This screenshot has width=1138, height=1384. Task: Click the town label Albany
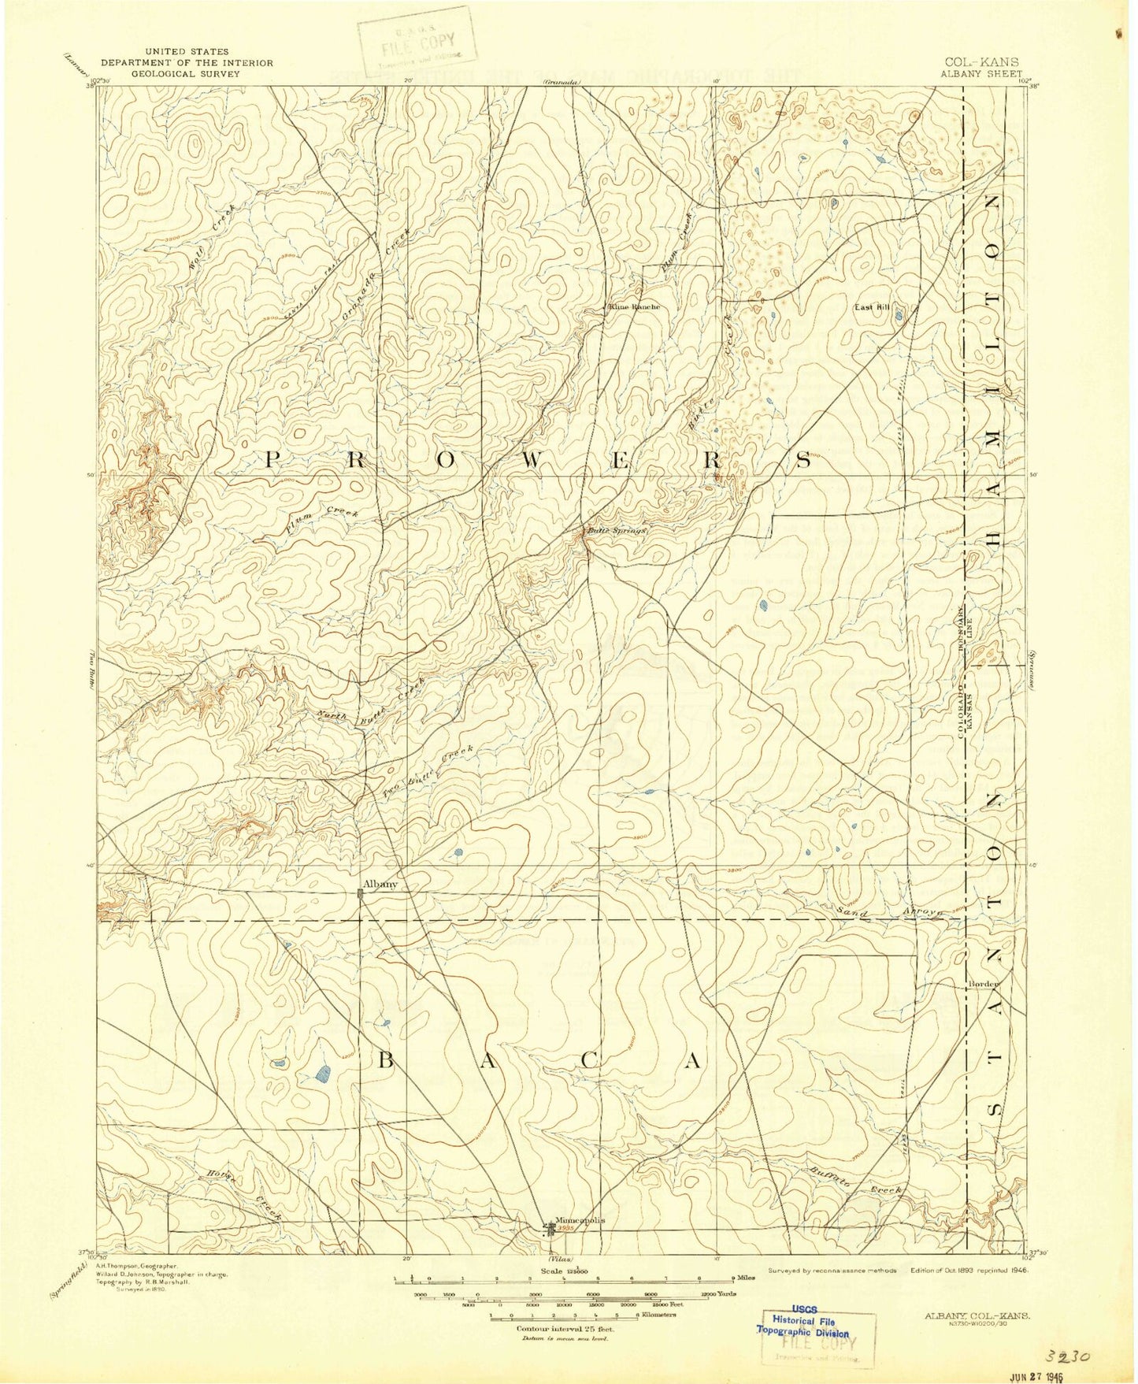click(380, 884)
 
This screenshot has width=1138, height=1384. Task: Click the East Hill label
click(872, 307)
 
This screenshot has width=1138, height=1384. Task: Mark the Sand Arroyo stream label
click(891, 911)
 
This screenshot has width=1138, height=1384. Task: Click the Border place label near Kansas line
click(984, 983)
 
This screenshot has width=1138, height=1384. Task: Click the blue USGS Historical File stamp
click(803, 1326)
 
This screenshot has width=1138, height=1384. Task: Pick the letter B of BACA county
click(385, 1061)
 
